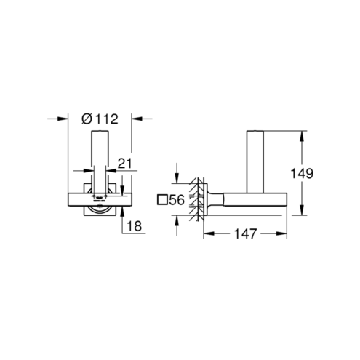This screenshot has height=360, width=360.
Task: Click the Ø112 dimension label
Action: (x=100, y=119)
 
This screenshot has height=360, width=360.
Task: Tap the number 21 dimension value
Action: (x=124, y=164)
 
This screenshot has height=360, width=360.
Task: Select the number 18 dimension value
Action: (x=134, y=226)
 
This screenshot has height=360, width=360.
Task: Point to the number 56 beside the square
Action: (x=177, y=200)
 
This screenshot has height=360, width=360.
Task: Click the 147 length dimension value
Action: (x=245, y=233)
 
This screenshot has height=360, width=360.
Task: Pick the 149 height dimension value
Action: (x=302, y=173)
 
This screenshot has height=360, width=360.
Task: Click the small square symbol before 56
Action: (x=162, y=200)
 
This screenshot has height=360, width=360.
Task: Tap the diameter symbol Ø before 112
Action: (x=87, y=119)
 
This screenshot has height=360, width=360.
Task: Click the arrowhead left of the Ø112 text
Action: (x=63, y=119)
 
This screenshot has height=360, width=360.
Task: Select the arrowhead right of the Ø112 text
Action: (x=137, y=119)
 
